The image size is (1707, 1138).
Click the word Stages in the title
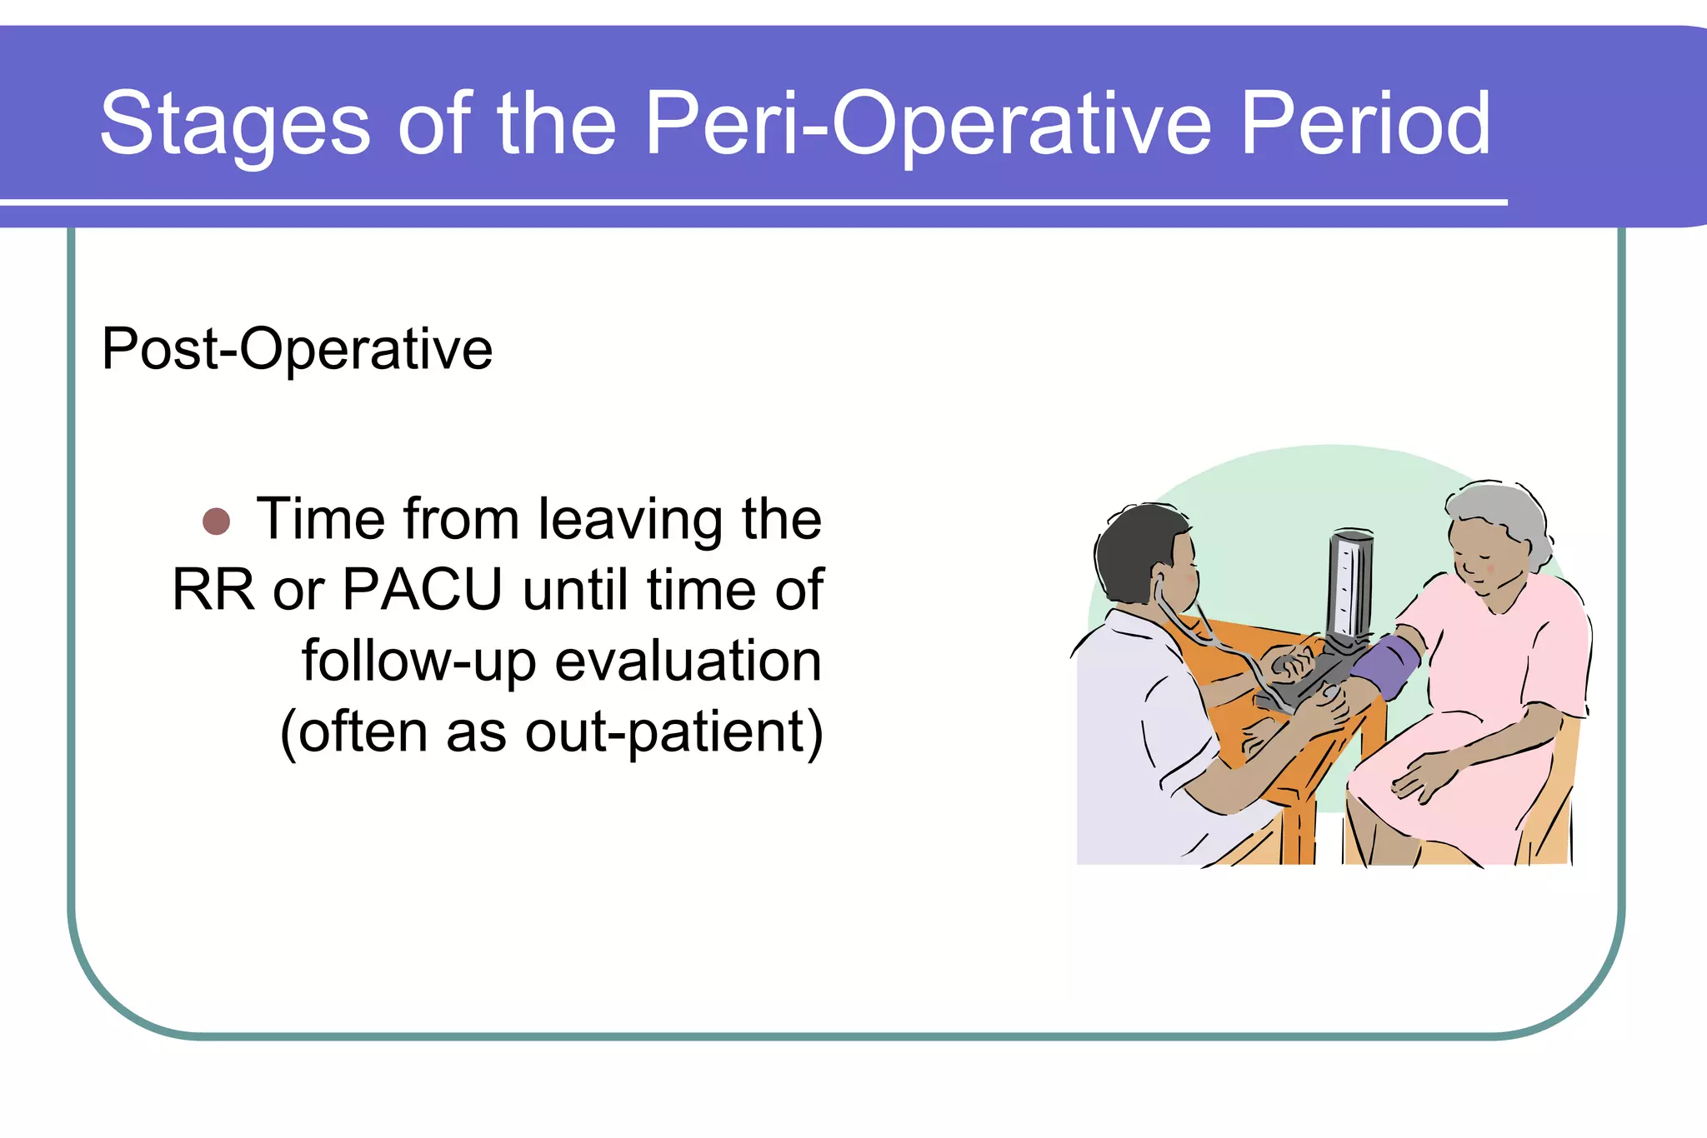pyautogui.click(x=234, y=125)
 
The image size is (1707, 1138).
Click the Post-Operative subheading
pyautogui.click(x=297, y=349)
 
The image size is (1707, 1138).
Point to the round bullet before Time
pyautogui.click(x=217, y=522)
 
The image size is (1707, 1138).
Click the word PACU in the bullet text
pyautogui.click(x=423, y=590)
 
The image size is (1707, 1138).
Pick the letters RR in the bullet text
pyautogui.click(x=213, y=590)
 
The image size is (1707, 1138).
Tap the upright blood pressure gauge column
pyautogui.click(x=1348, y=583)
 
